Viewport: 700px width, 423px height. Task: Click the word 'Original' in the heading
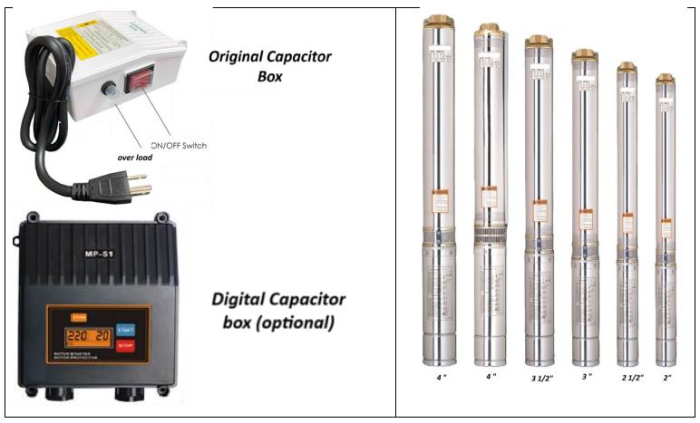point(239,56)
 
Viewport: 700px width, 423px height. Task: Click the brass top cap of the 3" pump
point(584,54)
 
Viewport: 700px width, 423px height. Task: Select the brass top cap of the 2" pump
point(666,78)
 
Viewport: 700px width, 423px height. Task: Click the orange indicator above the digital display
point(78,316)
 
